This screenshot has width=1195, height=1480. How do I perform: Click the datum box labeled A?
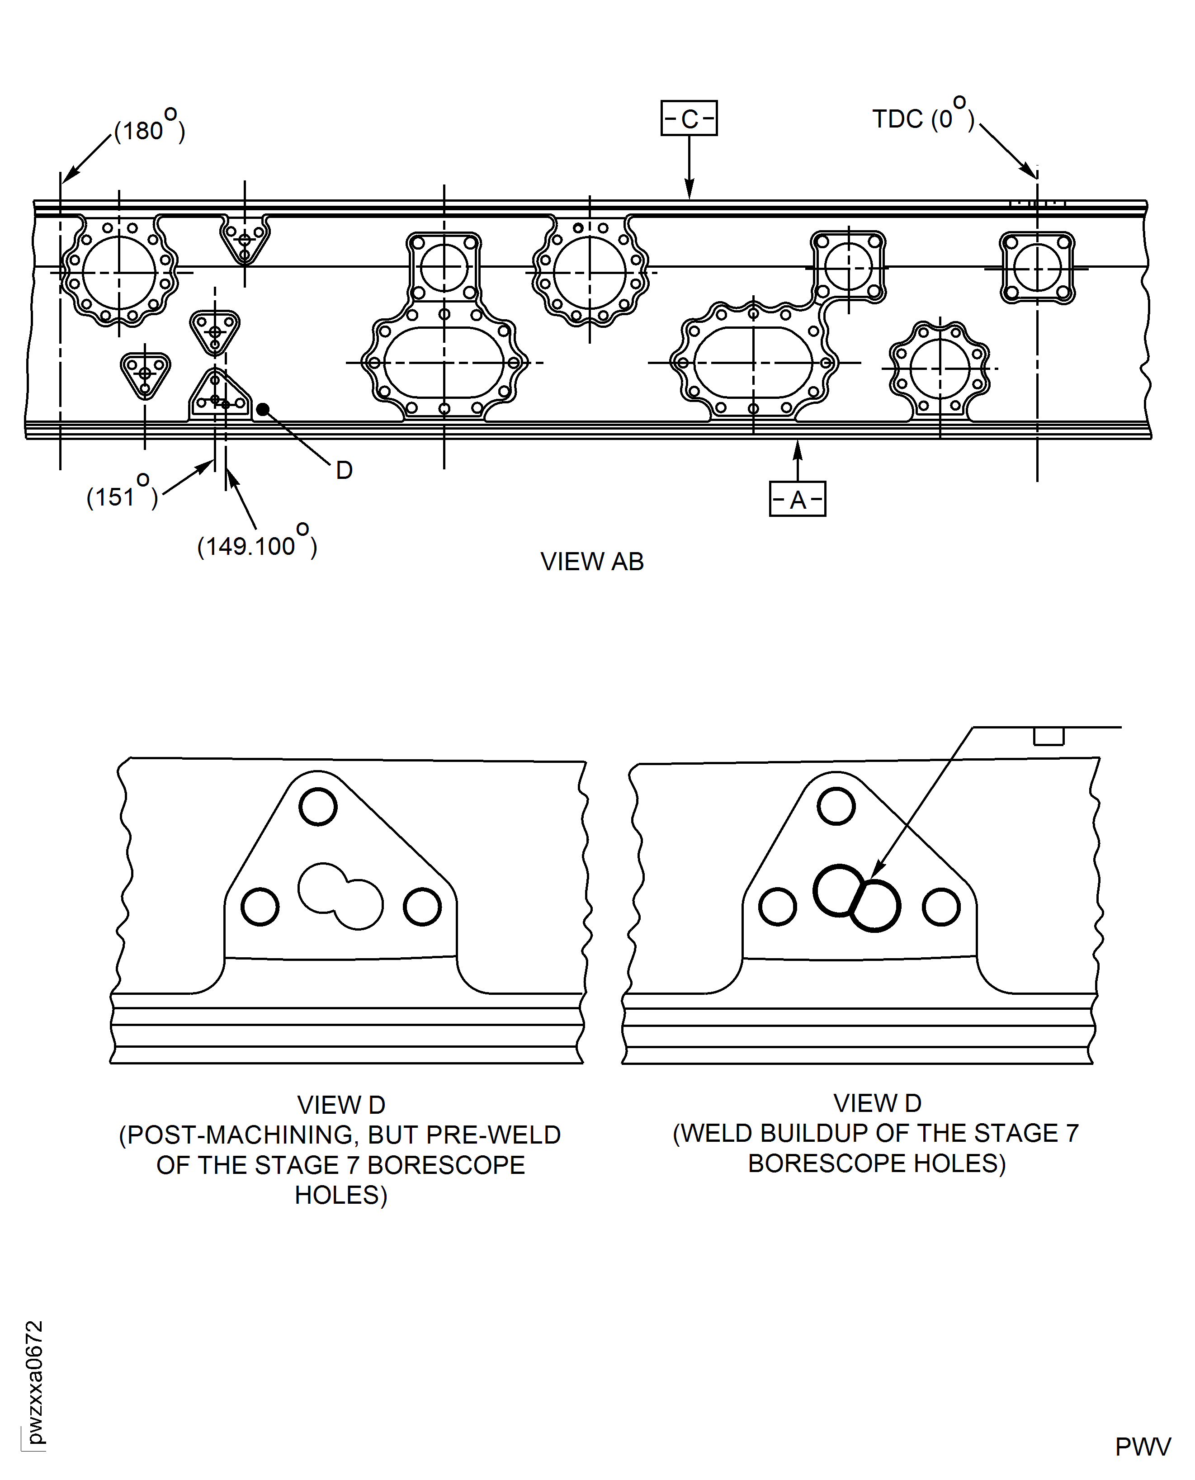coord(797,499)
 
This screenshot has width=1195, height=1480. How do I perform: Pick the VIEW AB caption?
coord(592,562)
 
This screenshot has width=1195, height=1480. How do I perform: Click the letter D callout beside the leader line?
coord(344,471)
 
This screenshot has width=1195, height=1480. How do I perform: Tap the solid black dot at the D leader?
coord(262,410)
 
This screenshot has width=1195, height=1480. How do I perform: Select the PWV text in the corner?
coord(1143,1447)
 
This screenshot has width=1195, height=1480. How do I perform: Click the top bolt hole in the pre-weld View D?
coord(318,807)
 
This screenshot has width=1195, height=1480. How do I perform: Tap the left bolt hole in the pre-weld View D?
coord(260,907)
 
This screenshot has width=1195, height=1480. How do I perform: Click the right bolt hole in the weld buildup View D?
coord(941,907)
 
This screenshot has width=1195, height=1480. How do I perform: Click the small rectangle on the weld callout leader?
coord(1049,736)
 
